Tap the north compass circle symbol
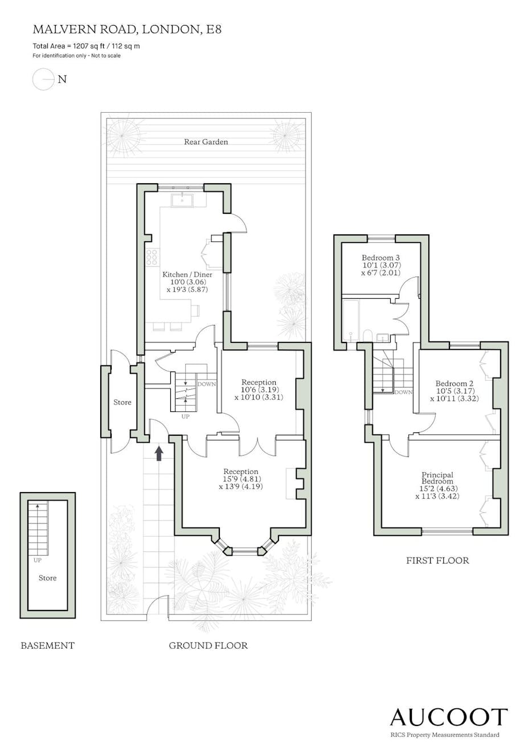[43, 80]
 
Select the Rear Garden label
[206, 142]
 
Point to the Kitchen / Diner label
[187, 275]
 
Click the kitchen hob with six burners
[152, 257]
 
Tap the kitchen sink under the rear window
[182, 200]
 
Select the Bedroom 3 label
[380, 258]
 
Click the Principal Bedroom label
[437, 478]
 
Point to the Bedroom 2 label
[455, 383]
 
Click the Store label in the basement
[48, 577]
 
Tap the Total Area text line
[86, 46]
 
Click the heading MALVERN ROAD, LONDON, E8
[127, 30]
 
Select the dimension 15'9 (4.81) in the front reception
[241, 479]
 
